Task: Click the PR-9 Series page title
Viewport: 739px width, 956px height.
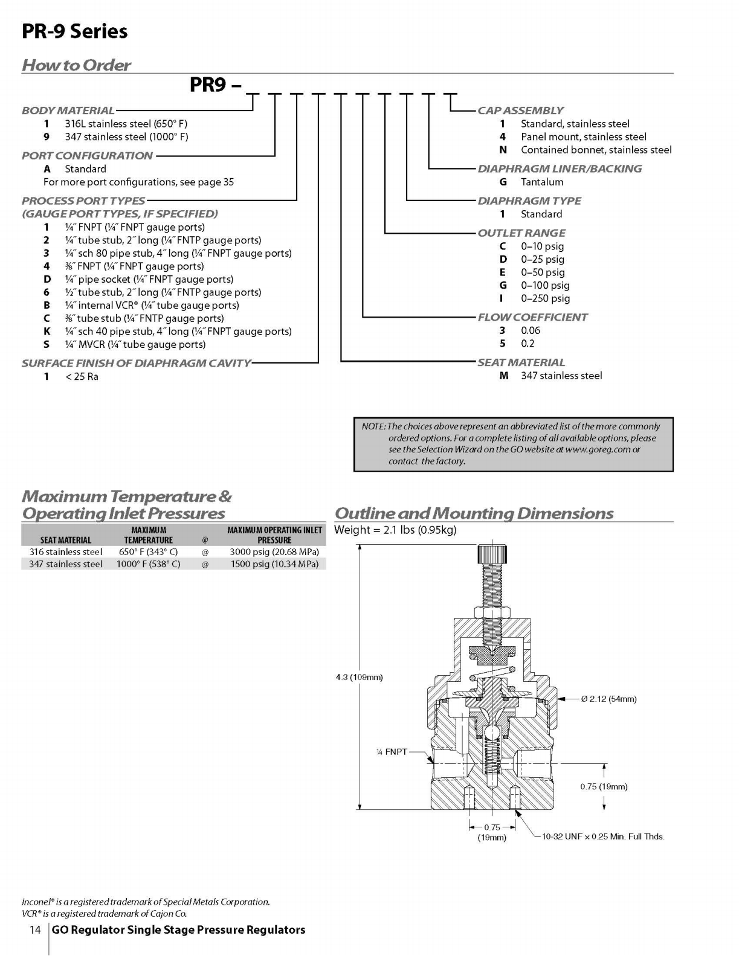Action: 75,31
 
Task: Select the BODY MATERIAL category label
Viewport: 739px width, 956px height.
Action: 68,111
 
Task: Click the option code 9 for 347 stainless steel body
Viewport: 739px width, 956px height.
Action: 46,137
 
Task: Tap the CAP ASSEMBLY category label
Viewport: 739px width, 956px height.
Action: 521,111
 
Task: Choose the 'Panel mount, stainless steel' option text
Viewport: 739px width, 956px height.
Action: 584,137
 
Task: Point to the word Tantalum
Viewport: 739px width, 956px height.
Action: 542,182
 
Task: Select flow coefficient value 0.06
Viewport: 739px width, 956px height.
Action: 531,330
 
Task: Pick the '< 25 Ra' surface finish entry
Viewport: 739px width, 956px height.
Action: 82,377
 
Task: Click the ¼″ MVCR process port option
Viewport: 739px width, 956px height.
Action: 135,344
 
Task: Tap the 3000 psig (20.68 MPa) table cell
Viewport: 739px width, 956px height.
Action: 274,552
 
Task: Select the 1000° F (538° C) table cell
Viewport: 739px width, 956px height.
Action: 148,564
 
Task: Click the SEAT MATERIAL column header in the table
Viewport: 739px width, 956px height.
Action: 66,540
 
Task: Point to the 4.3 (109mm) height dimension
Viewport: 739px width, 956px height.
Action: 359,677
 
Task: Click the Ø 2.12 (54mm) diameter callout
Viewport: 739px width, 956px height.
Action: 608,699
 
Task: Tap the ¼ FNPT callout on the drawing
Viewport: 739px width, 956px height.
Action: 392,752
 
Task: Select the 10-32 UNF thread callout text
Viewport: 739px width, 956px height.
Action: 603,836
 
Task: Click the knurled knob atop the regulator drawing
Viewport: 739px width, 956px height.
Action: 492,554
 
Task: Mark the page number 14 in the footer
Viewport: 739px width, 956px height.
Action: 35,929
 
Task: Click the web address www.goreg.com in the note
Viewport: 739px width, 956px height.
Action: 597,450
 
